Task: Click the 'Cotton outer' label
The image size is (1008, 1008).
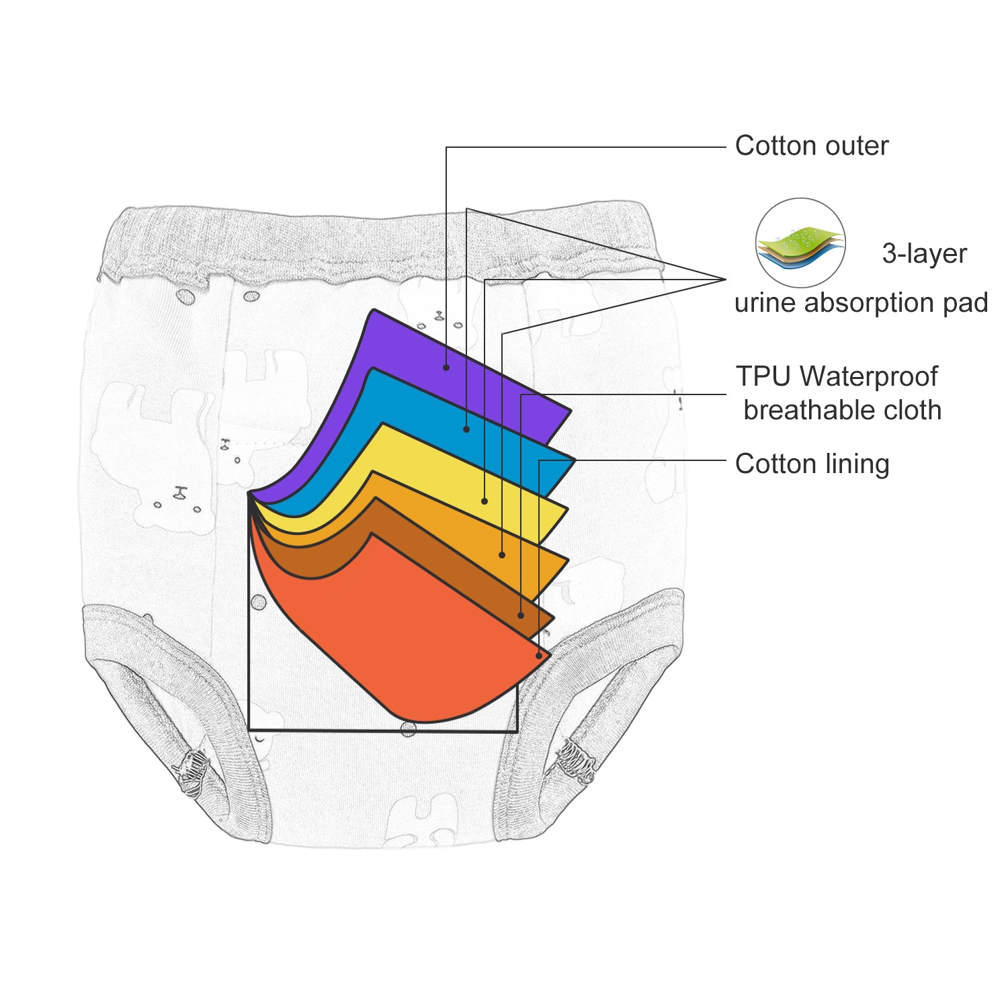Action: (811, 146)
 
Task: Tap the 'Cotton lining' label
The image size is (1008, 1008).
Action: (812, 464)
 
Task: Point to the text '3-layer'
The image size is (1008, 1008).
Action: (924, 253)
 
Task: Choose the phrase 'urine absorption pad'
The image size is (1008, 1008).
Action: (861, 302)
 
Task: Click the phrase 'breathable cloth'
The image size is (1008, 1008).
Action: (842, 410)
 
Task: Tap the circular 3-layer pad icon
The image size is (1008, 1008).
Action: (800, 243)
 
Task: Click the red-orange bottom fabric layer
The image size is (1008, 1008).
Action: (417, 645)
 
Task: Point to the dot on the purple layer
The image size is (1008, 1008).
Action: (446, 367)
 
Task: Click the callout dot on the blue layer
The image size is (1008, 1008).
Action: (466, 429)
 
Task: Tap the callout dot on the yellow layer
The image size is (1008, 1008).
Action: (485, 501)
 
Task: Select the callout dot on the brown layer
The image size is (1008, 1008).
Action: (521, 616)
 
